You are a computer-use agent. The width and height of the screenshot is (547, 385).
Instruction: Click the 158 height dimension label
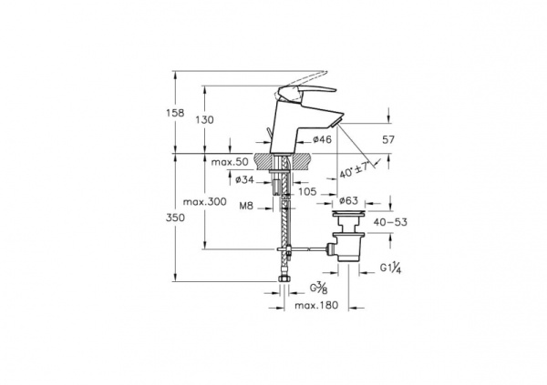tap(175, 113)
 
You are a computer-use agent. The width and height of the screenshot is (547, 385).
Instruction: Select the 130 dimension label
tap(204, 120)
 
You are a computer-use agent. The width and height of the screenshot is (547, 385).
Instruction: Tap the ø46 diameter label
tap(322, 140)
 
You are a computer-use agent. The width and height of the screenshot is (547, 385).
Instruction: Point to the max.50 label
tap(230, 162)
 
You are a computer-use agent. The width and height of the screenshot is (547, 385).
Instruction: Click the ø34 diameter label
tap(244, 180)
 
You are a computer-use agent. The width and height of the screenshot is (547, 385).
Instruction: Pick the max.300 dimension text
tap(205, 202)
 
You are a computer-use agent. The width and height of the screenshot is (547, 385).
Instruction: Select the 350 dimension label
tap(175, 218)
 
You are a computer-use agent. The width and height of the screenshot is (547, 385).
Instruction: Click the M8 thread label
tap(246, 206)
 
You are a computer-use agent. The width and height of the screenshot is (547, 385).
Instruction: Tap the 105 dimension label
tap(307, 191)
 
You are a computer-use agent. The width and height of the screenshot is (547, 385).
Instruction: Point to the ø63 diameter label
tap(348, 200)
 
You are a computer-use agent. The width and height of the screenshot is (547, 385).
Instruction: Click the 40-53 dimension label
tap(390, 222)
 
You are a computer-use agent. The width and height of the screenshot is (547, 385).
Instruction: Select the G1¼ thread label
tap(391, 268)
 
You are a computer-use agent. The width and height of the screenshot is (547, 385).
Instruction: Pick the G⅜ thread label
tap(318, 289)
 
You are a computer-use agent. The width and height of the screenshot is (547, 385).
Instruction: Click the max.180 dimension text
tap(316, 305)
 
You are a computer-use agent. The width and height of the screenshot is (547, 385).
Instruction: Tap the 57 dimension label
tap(388, 140)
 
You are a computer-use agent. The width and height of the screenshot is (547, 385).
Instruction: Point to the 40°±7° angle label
tap(355, 169)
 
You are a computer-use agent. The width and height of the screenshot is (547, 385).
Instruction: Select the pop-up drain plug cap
tap(348, 212)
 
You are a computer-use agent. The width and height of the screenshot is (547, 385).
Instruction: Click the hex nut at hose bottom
tap(284, 279)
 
